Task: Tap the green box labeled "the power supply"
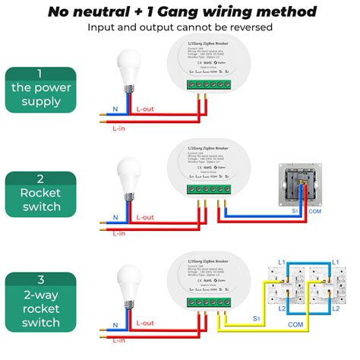point(40,88)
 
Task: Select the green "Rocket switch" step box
point(40,192)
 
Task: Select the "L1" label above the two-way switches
point(281,262)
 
